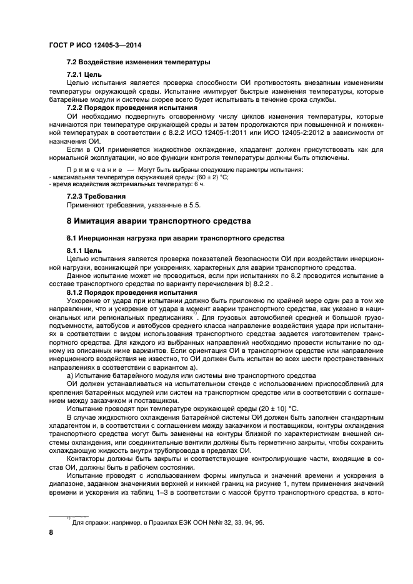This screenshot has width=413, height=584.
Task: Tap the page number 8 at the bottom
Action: [51, 532]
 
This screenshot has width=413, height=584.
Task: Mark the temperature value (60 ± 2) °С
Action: [204, 177]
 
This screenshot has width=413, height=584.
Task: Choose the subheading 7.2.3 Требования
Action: [97, 197]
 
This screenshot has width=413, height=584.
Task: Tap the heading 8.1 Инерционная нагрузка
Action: [176, 238]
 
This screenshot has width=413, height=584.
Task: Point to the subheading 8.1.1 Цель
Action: [84, 250]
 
